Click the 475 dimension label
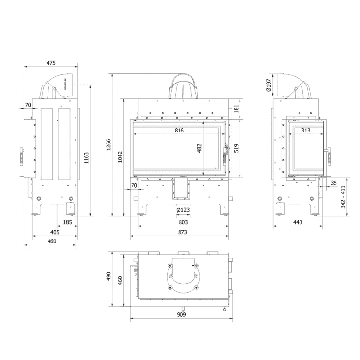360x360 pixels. click(x=51, y=63)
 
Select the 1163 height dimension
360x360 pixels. click(x=86, y=158)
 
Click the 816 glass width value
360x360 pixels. click(x=179, y=130)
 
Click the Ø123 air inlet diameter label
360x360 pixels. click(x=183, y=210)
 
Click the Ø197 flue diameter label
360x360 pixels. click(x=269, y=85)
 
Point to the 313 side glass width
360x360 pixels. click(x=305, y=130)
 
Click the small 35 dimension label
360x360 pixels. click(x=334, y=182)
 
